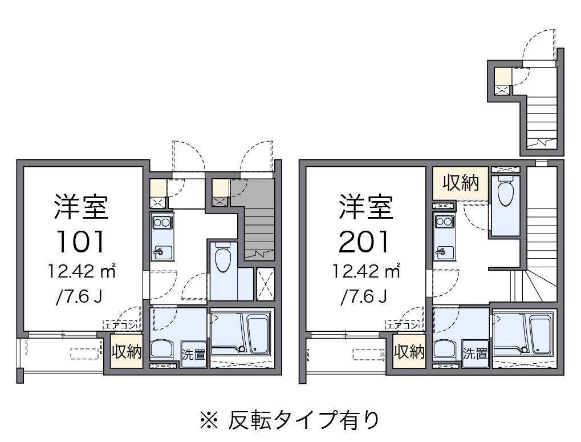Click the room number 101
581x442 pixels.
click(80, 241)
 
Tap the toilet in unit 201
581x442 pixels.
click(505, 193)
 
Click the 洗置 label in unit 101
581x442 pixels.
click(193, 354)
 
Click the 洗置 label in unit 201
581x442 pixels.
click(475, 354)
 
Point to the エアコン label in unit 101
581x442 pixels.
click(120, 326)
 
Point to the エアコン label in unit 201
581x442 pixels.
click(403, 326)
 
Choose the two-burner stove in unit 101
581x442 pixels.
click(161, 222)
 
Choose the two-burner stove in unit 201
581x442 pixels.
click(444, 222)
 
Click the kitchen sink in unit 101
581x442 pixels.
click(161, 250)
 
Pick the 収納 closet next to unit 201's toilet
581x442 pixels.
click(460, 183)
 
